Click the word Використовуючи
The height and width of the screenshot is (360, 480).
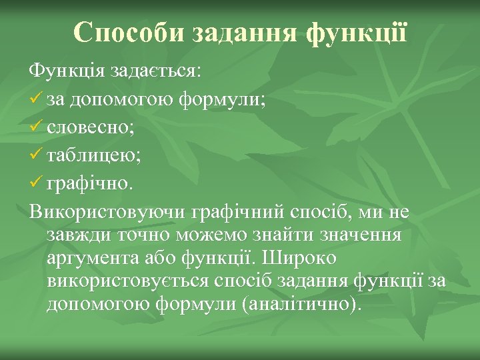click(107, 213)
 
